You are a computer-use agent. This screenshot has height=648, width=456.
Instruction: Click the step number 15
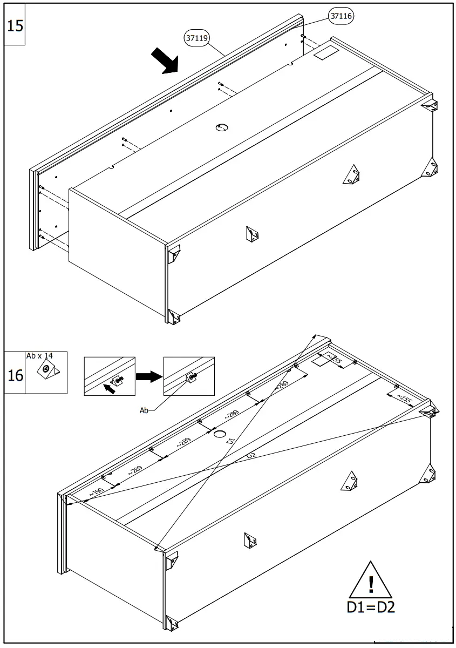15,25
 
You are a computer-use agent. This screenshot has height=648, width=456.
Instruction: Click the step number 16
15,375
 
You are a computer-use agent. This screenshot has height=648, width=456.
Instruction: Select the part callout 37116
341,16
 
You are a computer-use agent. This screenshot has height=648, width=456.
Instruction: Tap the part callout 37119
197,38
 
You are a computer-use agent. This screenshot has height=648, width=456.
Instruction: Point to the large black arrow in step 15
165,60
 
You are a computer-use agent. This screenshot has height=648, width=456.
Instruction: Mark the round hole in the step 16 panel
219,434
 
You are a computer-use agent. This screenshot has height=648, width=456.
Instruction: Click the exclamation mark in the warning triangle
371,585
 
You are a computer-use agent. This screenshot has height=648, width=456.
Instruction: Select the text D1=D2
371,607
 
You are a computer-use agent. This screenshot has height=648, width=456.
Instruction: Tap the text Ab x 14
39,356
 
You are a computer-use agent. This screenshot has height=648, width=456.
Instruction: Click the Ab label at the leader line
144,410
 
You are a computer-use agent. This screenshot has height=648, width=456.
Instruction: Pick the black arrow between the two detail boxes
149,376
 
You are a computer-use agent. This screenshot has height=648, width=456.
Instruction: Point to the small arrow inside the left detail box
110,388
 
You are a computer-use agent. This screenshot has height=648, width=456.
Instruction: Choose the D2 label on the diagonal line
251,456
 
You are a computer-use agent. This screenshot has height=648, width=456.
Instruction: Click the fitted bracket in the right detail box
190,377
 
